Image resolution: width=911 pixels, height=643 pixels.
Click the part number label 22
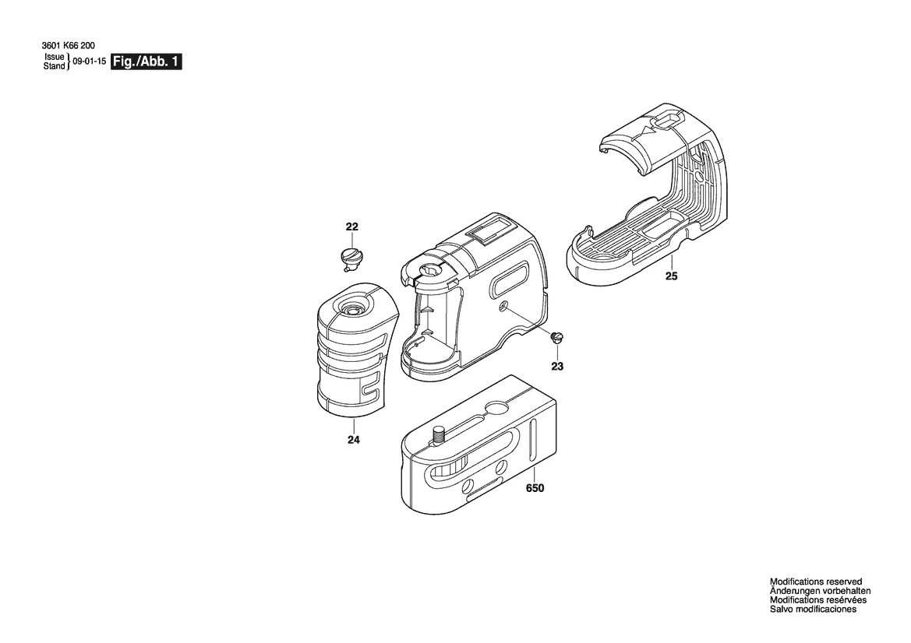point(352,227)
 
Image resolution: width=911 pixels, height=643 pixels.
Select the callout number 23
point(557,366)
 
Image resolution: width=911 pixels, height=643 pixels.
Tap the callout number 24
point(353,440)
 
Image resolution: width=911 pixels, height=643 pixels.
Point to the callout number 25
point(671,276)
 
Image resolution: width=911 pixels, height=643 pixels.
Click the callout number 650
point(535,488)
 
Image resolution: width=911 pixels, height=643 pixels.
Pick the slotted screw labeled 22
point(351,258)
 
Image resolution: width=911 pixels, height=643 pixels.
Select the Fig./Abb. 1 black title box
point(146,62)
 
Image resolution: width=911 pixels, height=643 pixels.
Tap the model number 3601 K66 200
point(69,45)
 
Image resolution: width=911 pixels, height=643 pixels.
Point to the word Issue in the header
point(55,58)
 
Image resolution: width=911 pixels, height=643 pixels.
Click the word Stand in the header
point(55,66)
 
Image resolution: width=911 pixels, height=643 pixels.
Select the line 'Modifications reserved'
point(816,582)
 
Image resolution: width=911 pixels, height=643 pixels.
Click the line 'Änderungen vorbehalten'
point(820,591)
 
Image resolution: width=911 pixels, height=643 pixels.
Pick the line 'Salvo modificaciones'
point(813,610)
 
